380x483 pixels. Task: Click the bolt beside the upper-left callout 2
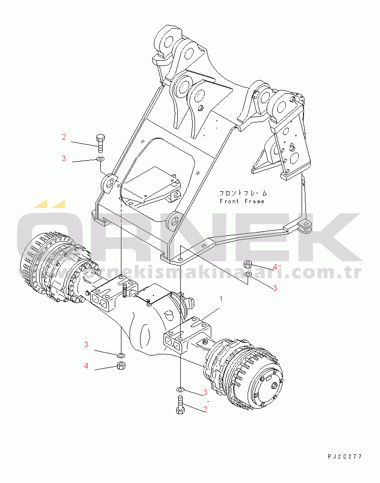click(100, 143)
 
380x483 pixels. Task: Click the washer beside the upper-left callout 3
click(100, 159)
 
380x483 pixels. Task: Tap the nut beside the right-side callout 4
click(248, 264)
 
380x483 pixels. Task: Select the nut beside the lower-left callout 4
click(121, 366)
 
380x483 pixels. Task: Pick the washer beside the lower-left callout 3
click(121, 355)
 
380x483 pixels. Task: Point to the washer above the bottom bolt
click(181, 390)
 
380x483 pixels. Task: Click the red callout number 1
click(221, 299)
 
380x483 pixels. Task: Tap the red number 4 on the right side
click(275, 267)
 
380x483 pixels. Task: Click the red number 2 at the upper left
click(64, 137)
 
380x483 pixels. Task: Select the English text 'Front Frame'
click(242, 201)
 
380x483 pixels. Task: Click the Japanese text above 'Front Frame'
click(243, 193)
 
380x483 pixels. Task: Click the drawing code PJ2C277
click(345, 457)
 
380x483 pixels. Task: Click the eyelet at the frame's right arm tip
click(305, 224)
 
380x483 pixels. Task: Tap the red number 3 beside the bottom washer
click(205, 392)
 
